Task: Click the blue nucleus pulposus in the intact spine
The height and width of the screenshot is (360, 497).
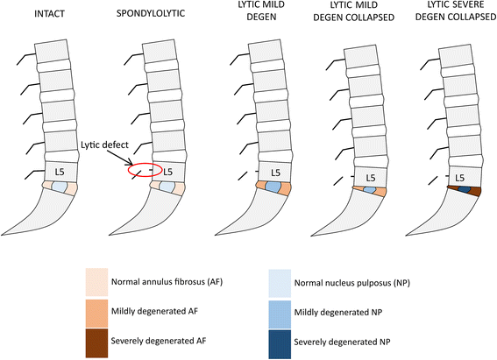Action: [x=60, y=187]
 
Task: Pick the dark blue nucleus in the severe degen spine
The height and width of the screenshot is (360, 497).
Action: [x=464, y=190]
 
